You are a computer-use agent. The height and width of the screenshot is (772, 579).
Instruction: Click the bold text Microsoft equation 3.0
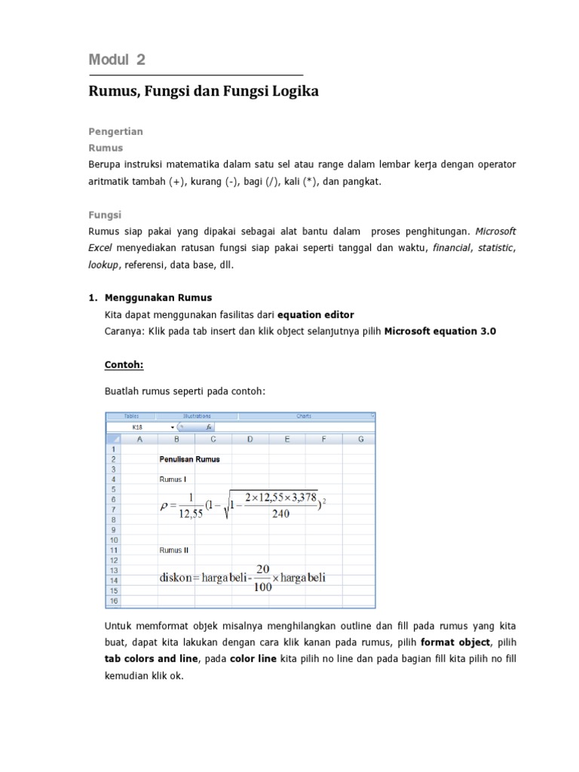(440, 330)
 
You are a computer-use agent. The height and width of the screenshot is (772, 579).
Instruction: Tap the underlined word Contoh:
(124, 364)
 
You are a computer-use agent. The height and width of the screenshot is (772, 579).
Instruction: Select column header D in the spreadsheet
(249, 439)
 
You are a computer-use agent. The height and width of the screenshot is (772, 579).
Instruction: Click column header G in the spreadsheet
(360, 439)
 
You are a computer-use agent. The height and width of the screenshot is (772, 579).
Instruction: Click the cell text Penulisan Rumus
(189, 458)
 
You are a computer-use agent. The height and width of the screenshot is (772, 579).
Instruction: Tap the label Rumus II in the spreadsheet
(173, 550)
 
